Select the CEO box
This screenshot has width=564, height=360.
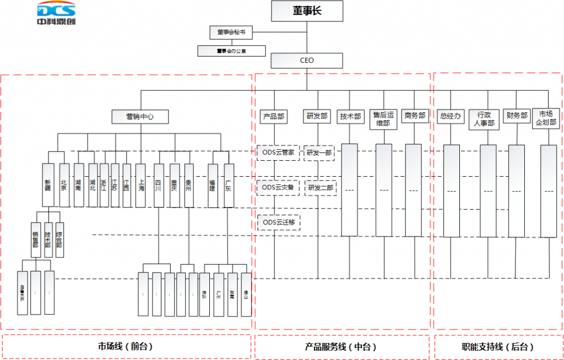point(307,60)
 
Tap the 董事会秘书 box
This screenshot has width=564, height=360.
point(231,32)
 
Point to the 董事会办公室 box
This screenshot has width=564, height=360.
point(231,51)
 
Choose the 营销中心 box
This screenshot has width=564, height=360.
point(140,117)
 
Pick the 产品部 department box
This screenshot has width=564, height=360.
point(273,117)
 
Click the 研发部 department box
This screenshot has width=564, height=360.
point(316,117)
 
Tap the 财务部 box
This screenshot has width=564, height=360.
point(516,116)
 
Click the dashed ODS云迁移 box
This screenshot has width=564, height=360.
point(279,222)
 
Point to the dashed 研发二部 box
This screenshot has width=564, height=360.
point(320,188)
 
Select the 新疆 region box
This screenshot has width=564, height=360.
point(48,184)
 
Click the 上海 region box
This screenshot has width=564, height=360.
point(141,184)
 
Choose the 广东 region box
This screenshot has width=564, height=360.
point(229,184)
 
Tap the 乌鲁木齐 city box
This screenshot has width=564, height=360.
point(22,293)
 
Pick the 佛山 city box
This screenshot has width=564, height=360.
point(246,294)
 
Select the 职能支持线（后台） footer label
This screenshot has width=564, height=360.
point(497,347)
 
